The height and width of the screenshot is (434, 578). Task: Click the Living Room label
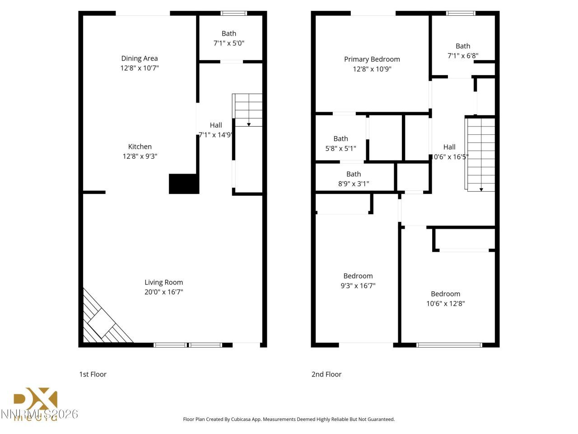163,282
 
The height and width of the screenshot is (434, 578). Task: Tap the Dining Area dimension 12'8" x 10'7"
139,68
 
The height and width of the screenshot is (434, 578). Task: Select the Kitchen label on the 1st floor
140,146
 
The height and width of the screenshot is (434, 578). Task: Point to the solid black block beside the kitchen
184,184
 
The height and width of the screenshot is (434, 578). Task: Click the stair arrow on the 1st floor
248,124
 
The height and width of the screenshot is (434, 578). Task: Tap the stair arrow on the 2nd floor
481,189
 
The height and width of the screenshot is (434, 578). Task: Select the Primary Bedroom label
372,59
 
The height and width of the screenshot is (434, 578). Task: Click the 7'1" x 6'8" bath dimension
462,56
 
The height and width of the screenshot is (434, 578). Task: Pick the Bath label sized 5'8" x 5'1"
340,139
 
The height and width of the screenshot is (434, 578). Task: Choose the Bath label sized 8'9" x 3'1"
353,174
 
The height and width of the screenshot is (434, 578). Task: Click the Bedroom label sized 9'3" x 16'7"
358,276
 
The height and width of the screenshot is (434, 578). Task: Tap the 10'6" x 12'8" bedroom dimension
445,303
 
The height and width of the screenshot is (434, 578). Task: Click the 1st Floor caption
93,374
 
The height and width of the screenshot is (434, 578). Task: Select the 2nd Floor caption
326,374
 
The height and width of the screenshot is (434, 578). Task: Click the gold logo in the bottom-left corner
35,402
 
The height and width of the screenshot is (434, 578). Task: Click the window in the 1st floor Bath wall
233,13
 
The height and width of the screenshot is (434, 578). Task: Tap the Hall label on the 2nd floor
449,147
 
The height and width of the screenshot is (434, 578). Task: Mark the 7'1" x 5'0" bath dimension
228,43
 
